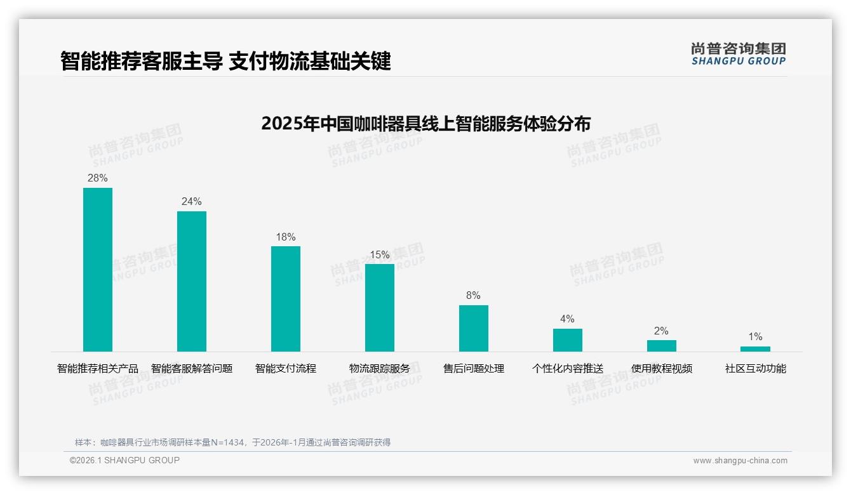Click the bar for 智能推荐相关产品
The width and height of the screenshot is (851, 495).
click(98, 270)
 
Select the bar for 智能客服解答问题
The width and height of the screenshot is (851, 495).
click(192, 281)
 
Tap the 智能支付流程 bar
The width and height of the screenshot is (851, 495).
click(286, 299)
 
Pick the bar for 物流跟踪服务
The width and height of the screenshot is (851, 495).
click(380, 308)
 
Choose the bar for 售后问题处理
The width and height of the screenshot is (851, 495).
click(474, 328)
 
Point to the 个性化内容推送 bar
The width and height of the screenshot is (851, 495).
click(568, 340)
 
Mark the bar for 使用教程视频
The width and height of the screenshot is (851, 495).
click(662, 346)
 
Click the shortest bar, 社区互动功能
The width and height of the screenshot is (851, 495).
click(755, 349)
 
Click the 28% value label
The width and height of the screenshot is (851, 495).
click(98, 178)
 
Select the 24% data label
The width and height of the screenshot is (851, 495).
click(192, 202)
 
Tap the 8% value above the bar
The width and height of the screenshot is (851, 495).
click(474, 296)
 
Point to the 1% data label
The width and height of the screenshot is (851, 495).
click(755, 337)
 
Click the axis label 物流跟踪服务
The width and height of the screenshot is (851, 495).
click(380, 369)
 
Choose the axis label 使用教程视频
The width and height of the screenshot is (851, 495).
click(662, 369)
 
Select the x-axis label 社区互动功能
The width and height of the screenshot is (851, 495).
click(755, 369)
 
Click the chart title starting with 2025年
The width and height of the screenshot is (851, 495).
click(425, 123)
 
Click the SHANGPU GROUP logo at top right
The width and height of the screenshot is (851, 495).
click(738, 54)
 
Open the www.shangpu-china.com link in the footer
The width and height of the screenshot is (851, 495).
click(740, 461)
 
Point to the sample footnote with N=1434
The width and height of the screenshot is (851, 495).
click(232, 442)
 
